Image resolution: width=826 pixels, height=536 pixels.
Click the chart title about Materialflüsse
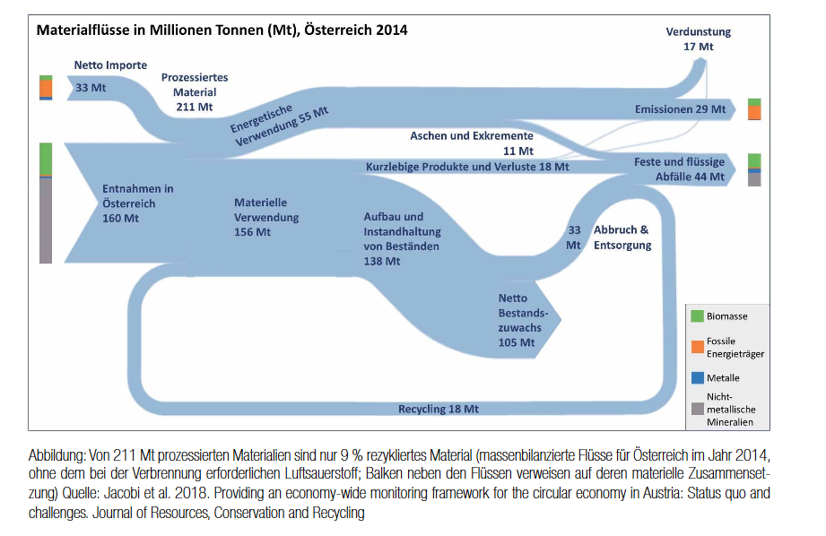point(222,30)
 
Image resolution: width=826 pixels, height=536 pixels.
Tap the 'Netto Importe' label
point(110,65)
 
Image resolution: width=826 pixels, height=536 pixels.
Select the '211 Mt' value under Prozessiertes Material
point(195,107)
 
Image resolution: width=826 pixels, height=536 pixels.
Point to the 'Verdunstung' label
point(698,32)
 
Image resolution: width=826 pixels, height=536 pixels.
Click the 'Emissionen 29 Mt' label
point(680,109)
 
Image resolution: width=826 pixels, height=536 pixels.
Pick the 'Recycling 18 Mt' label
point(438,409)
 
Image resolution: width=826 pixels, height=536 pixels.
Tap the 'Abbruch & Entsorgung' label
point(622,238)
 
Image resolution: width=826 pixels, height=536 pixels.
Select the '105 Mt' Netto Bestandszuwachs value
point(516,342)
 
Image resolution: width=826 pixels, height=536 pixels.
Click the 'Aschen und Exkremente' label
point(472,136)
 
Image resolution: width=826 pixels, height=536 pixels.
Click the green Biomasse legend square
point(697,316)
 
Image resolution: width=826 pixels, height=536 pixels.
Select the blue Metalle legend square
point(697,378)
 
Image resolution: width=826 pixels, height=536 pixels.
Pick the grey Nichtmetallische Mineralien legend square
point(697,409)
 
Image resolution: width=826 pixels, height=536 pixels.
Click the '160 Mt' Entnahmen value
point(120,218)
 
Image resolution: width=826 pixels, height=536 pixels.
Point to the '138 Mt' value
point(382,262)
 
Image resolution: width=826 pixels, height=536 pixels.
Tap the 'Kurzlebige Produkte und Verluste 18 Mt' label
point(467,167)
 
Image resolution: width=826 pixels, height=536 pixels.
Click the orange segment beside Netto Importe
point(46,88)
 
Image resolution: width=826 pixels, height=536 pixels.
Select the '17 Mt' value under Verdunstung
point(699,47)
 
